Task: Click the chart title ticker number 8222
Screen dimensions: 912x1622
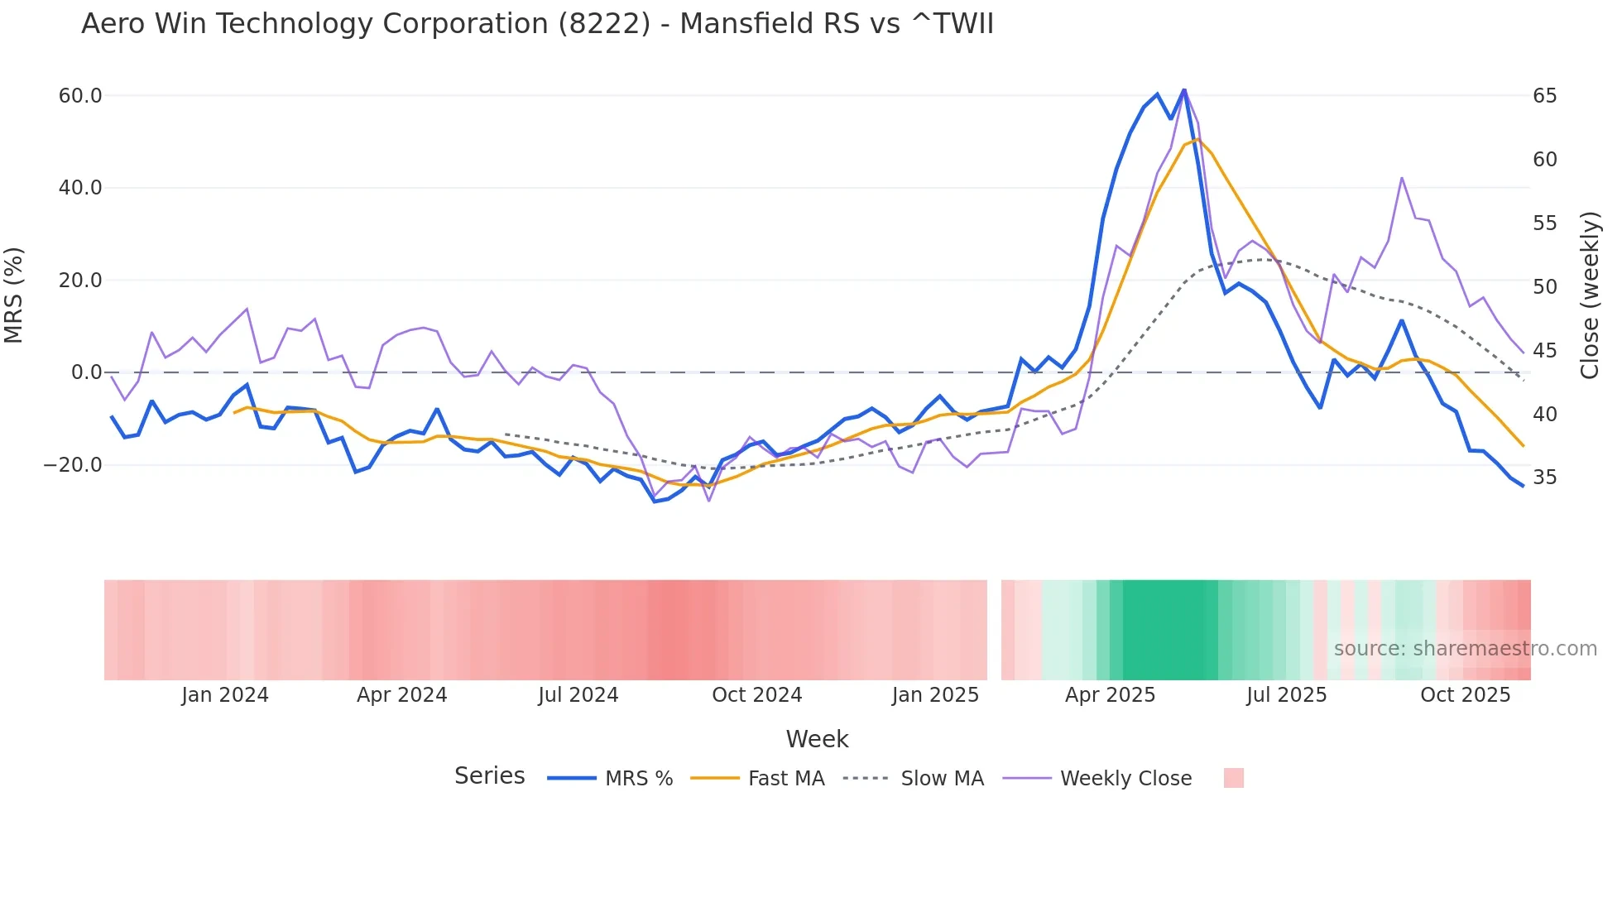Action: pyautogui.click(x=604, y=24)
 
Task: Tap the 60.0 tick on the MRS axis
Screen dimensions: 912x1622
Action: pyautogui.click(x=80, y=96)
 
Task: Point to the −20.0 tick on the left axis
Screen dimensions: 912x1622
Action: pyautogui.click(x=73, y=465)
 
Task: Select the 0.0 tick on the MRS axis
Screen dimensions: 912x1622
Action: pyautogui.click(x=86, y=372)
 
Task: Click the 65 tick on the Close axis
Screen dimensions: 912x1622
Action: pyautogui.click(x=1544, y=96)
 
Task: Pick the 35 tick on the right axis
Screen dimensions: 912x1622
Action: pyautogui.click(x=1544, y=478)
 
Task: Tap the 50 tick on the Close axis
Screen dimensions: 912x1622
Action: pyautogui.click(x=1544, y=287)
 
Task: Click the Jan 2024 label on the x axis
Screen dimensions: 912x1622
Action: pyautogui.click(x=225, y=695)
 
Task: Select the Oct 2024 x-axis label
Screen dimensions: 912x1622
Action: pyautogui.click(x=756, y=695)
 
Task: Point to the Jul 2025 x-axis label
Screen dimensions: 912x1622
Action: pyautogui.click(x=1286, y=695)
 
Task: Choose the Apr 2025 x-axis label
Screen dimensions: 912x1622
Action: pyautogui.click(x=1110, y=695)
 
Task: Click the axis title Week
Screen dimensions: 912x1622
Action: pyautogui.click(x=817, y=739)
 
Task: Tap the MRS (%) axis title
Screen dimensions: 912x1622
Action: pyautogui.click(x=14, y=295)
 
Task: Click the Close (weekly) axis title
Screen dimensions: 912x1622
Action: pyautogui.click(x=1589, y=295)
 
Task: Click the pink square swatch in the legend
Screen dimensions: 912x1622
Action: pyautogui.click(x=1233, y=778)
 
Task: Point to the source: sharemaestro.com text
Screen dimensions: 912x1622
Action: pyautogui.click(x=1465, y=649)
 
